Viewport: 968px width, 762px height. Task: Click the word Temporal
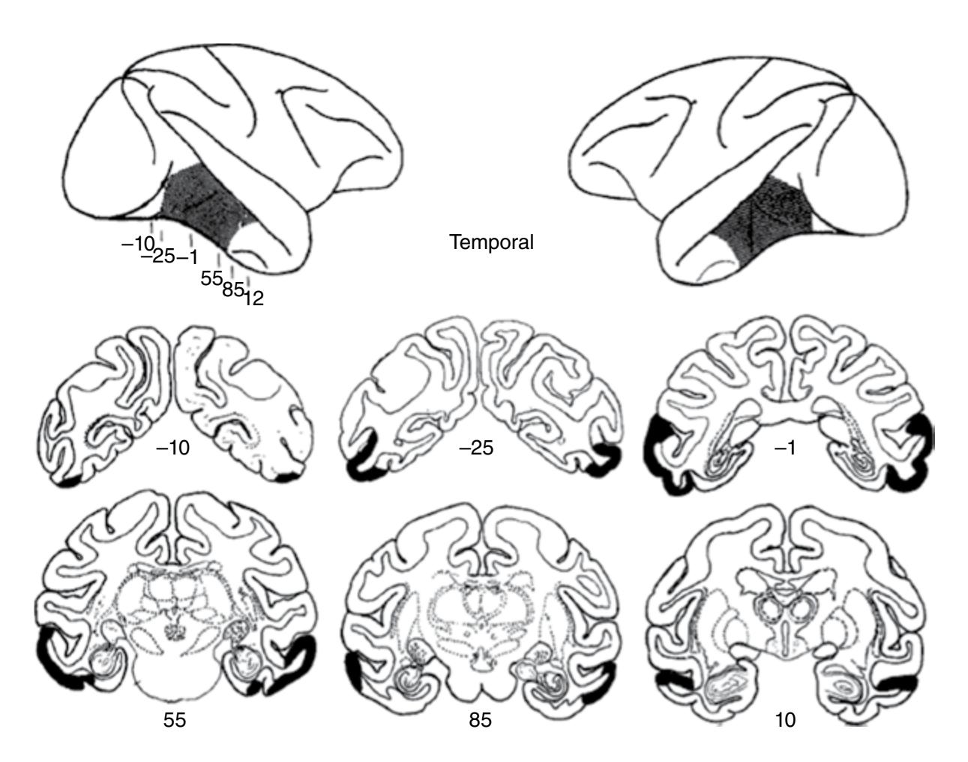[x=491, y=242]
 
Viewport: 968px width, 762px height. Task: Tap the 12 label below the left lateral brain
[x=253, y=298]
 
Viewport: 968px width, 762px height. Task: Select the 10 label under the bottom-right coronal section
[x=785, y=720]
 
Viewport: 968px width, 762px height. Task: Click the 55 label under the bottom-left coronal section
[x=175, y=720]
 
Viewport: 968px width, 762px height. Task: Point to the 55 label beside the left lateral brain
[x=211, y=278]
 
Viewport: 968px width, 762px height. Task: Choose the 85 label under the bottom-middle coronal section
[x=480, y=720]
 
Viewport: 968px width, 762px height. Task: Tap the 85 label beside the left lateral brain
[x=233, y=289]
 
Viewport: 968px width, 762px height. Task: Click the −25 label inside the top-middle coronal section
[x=476, y=448]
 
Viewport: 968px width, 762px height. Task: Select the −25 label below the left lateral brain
[x=158, y=256]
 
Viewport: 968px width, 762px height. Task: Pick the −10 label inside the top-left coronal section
[x=172, y=448]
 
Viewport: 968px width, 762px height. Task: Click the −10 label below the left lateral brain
[x=138, y=244]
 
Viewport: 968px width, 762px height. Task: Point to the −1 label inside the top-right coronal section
[x=784, y=448]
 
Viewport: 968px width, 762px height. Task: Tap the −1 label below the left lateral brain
[x=187, y=257]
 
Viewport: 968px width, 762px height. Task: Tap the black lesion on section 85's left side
[x=355, y=673]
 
